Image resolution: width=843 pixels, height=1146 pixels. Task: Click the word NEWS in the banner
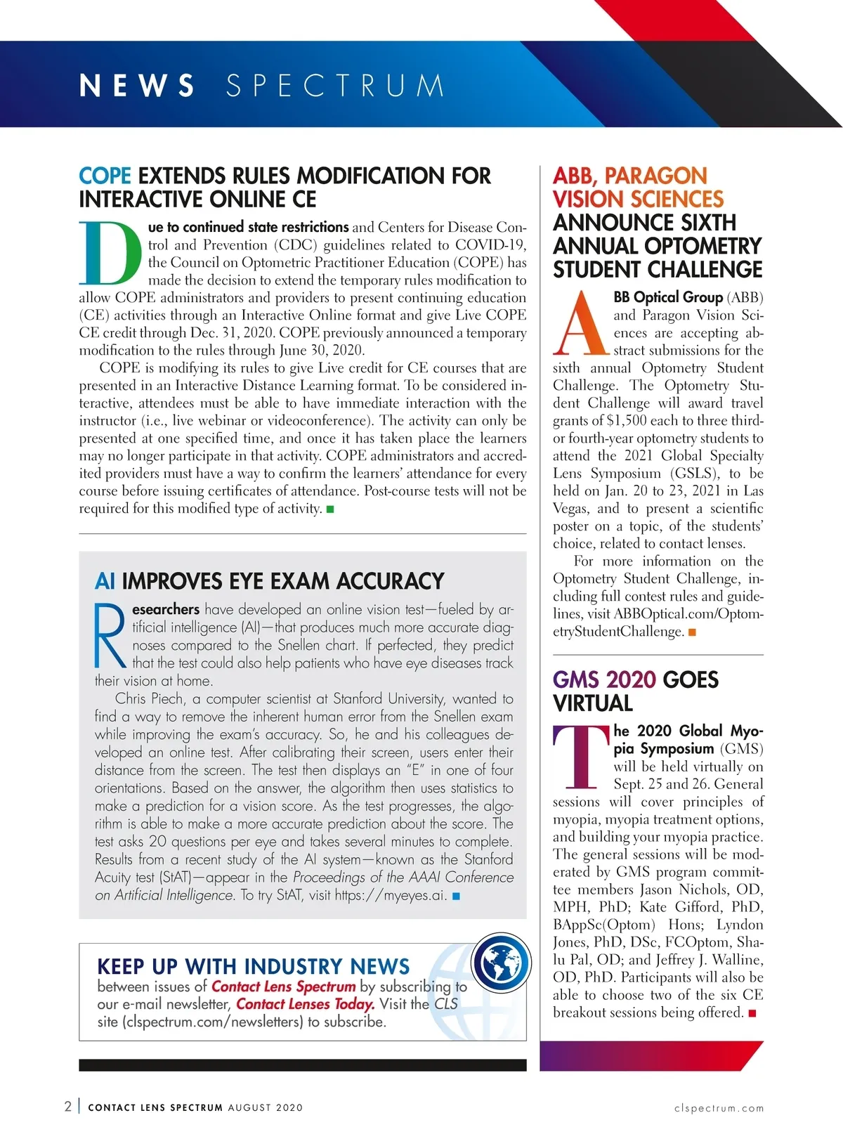point(137,86)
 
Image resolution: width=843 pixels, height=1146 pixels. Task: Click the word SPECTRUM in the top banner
point(335,86)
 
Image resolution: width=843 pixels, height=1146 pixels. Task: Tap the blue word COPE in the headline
point(105,176)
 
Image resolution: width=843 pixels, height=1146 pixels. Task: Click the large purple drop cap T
point(581,757)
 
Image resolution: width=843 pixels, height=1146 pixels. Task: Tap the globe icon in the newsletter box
point(500,963)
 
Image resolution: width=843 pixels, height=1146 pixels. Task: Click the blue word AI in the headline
point(105,581)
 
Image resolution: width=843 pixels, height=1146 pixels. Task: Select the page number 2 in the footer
point(67,1107)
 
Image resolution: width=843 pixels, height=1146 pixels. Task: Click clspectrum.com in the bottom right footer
point(719,1108)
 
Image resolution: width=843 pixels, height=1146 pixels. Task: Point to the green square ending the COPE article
point(330,509)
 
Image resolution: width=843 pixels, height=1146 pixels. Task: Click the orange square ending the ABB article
point(692,632)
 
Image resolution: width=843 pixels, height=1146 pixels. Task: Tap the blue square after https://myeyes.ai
point(456,897)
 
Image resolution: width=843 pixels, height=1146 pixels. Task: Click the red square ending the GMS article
point(752,1013)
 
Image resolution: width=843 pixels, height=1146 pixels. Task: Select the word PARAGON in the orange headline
point(655,176)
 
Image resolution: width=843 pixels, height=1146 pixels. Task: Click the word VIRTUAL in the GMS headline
point(593,703)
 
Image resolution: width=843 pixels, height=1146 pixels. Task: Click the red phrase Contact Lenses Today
point(305,1004)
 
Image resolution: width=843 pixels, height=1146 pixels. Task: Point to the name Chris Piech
point(149,699)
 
